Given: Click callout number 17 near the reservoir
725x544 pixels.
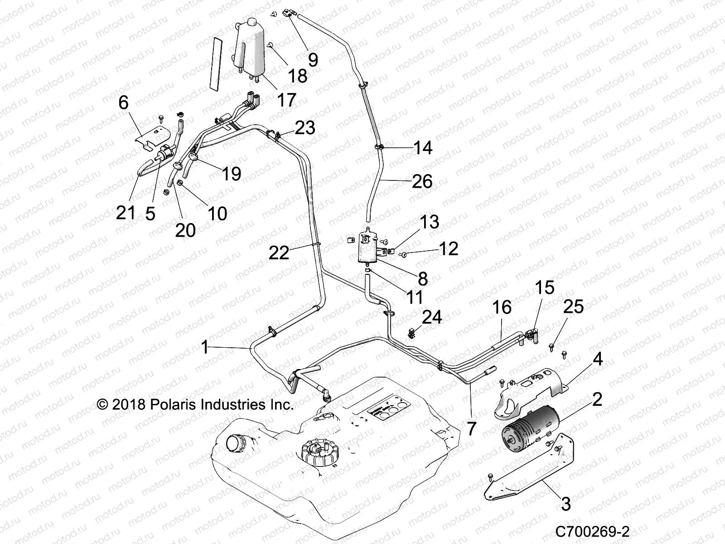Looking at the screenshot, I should (x=286, y=100).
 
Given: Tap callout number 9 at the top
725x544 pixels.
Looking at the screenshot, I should (x=313, y=59).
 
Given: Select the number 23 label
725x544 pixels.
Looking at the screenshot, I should (x=305, y=128).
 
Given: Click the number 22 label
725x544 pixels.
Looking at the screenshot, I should (x=279, y=253).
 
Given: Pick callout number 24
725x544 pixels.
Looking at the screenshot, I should (x=432, y=317).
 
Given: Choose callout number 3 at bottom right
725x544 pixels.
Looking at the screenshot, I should (x=565, y=504).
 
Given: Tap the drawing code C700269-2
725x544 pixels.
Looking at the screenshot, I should (x=594, y=531).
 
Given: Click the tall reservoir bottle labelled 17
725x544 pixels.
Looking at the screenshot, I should (x=249, y=50).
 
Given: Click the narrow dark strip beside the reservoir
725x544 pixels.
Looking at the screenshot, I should (x=217, y=63).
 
